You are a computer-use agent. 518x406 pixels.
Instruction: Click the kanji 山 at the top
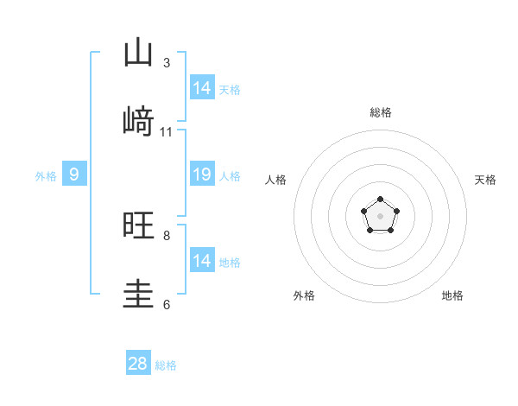pos(138,53)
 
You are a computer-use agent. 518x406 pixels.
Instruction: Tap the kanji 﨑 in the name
pos(138,123)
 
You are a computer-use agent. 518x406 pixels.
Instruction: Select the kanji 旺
pos(138,225)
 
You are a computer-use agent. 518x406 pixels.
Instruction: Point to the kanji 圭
pos(138,295)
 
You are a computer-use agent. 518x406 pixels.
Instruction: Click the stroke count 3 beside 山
pos(167,63)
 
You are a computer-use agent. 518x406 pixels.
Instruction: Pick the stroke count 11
pos(167,132)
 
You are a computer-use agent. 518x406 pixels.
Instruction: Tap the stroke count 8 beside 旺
pos(167,235)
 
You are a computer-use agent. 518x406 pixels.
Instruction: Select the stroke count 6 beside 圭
pos(167,304)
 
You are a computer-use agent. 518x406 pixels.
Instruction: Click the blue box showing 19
pos(202,174)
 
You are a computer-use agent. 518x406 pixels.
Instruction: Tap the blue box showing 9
pos(74,174)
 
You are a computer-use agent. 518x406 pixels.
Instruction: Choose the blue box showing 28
pos(138,364)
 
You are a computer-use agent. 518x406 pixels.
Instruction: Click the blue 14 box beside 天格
pos(202,88)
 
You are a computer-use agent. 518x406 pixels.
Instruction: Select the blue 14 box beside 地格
pos(202,261)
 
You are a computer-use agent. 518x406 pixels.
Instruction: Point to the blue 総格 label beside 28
pos(166,365)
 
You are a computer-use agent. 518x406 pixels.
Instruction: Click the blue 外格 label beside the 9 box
pos(46,176)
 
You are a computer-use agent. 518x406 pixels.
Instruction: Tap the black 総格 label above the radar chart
pos(380,112)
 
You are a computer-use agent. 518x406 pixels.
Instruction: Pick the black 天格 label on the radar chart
pos(485,180)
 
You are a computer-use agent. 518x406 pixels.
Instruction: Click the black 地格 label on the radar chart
pos(452,295)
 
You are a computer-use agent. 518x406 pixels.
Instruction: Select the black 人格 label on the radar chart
pos(275,180)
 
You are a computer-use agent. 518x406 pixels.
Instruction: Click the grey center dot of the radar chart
pos(380,215)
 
